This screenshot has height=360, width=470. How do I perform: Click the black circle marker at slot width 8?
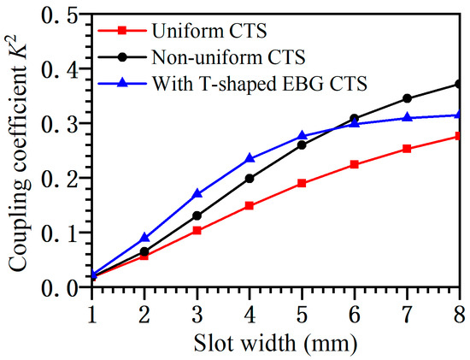click(x=461, y=84)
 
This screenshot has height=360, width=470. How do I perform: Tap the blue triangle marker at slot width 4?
click(x=250, y=158)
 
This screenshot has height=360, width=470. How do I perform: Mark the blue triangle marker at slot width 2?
click(x=144, y=237)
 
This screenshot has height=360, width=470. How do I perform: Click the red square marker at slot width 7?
click(x=408, y=149)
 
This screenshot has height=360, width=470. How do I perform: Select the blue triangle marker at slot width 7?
click(x=408, y=117)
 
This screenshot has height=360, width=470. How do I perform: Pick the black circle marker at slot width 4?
click(x=250, y=178)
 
